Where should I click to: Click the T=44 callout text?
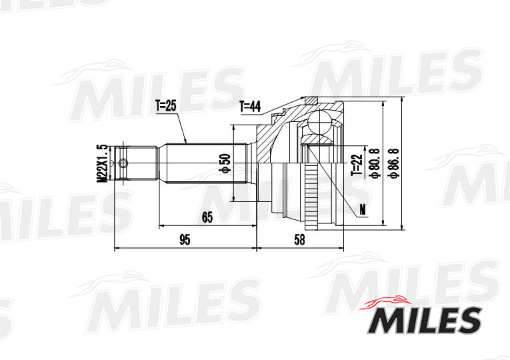coord(251,105)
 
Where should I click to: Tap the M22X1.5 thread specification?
coord(102,163)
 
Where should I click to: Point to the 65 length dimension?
coord(207,217)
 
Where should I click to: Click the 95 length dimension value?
coord(185,239)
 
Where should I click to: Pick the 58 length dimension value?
coord(299,239)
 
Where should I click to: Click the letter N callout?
coord(363,210)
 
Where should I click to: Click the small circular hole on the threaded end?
coord(123,163)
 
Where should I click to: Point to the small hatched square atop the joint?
coord(310,101)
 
